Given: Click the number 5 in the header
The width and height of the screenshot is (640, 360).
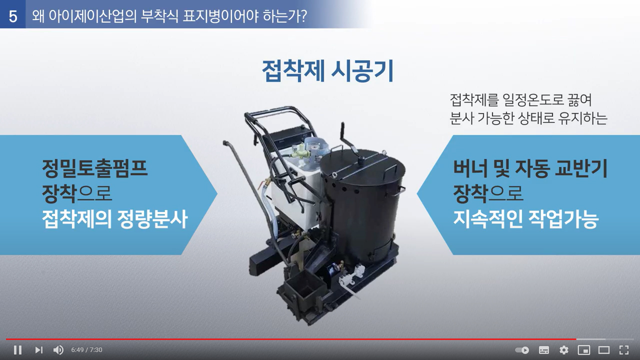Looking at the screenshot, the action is (13, 16).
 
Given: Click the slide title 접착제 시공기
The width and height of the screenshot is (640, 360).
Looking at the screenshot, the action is (328, 71).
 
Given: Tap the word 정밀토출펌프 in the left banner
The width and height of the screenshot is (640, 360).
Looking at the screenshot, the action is (94, 168).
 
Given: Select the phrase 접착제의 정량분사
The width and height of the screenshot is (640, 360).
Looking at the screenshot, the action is (114, 219).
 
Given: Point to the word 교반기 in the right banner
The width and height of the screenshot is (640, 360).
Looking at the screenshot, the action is (581, 168).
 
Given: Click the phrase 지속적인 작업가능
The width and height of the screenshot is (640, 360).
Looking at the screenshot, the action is (525, 219).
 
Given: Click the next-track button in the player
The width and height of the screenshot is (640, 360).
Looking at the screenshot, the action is (38, 349).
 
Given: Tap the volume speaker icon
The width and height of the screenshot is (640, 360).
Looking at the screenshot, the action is (58, 349).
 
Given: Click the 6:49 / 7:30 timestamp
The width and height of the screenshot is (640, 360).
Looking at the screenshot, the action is (86, 349).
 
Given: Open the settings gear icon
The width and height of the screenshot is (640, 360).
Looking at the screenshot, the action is (563, 349).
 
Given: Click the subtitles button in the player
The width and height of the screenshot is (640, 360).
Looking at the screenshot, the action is (543, 349).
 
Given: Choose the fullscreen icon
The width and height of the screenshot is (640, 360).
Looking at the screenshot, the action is (624, 349).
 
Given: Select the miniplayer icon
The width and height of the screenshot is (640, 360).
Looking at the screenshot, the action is (584, 349).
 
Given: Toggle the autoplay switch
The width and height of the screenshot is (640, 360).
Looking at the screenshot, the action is (522, 349).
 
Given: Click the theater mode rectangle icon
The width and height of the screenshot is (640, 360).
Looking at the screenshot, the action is (604, 349).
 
